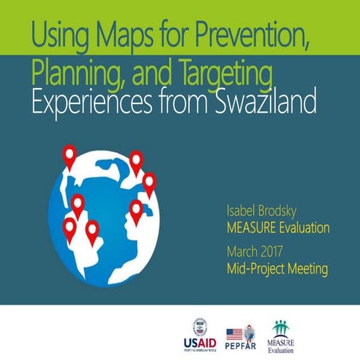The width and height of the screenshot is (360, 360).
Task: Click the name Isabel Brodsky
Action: [x=263, y=212]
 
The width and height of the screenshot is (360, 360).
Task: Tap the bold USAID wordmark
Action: [x=201, y=341]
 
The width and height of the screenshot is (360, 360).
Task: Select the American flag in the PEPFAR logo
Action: [x=234, y=333]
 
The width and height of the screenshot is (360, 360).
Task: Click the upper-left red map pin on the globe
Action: [x=71, y=156]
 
